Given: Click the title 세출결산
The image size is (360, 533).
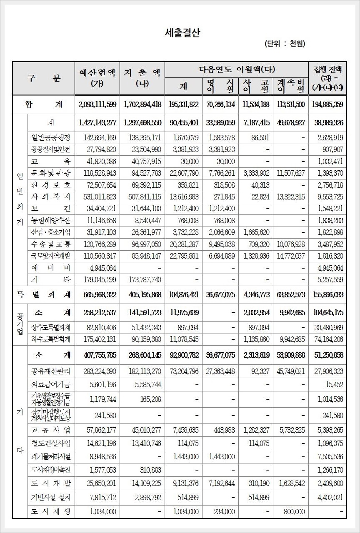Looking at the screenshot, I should tap(182, 33).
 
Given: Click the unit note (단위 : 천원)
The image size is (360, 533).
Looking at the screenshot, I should tap(285, 44).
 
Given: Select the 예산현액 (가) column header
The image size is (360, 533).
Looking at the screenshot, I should tap(97, 78).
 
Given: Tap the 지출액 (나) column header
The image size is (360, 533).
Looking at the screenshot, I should tap(142, 78).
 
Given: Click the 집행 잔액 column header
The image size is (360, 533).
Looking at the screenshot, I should tap(327, 78).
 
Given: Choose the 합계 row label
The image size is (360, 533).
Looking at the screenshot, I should tap(44, 105).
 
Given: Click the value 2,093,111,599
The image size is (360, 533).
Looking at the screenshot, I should tap(97, 105).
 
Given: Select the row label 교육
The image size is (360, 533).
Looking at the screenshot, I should tap(51, 162).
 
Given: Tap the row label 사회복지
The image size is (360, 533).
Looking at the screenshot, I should tap(51, 197).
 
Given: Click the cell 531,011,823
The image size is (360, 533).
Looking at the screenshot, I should tap(97, 197).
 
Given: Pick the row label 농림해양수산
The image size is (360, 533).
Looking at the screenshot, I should tap(51, 221).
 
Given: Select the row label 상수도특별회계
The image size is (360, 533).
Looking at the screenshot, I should tap(51, 328).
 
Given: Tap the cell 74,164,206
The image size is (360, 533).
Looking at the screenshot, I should tap(327, 339).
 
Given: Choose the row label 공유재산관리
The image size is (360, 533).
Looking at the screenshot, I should tap(51, 371).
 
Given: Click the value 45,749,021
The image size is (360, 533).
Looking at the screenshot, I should tap(290, 371).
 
